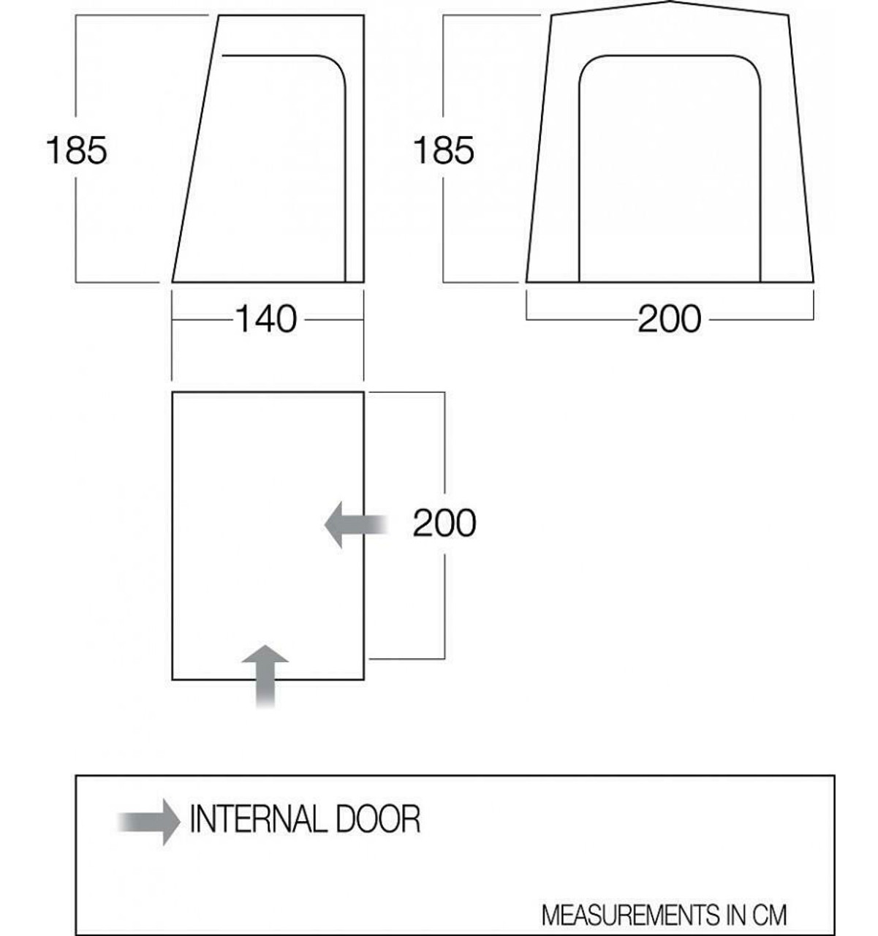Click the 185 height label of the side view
[76, 151]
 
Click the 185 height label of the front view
[444, 151]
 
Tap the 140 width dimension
[266, 319]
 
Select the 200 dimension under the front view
[669, 319]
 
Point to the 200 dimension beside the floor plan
[444, 523]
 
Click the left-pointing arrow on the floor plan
[356, 524]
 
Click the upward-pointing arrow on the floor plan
[265, 676]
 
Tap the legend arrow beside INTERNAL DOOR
[148, 822]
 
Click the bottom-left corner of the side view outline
[172, 282]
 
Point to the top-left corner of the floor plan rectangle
[172, 392]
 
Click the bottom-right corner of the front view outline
[814, 282]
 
